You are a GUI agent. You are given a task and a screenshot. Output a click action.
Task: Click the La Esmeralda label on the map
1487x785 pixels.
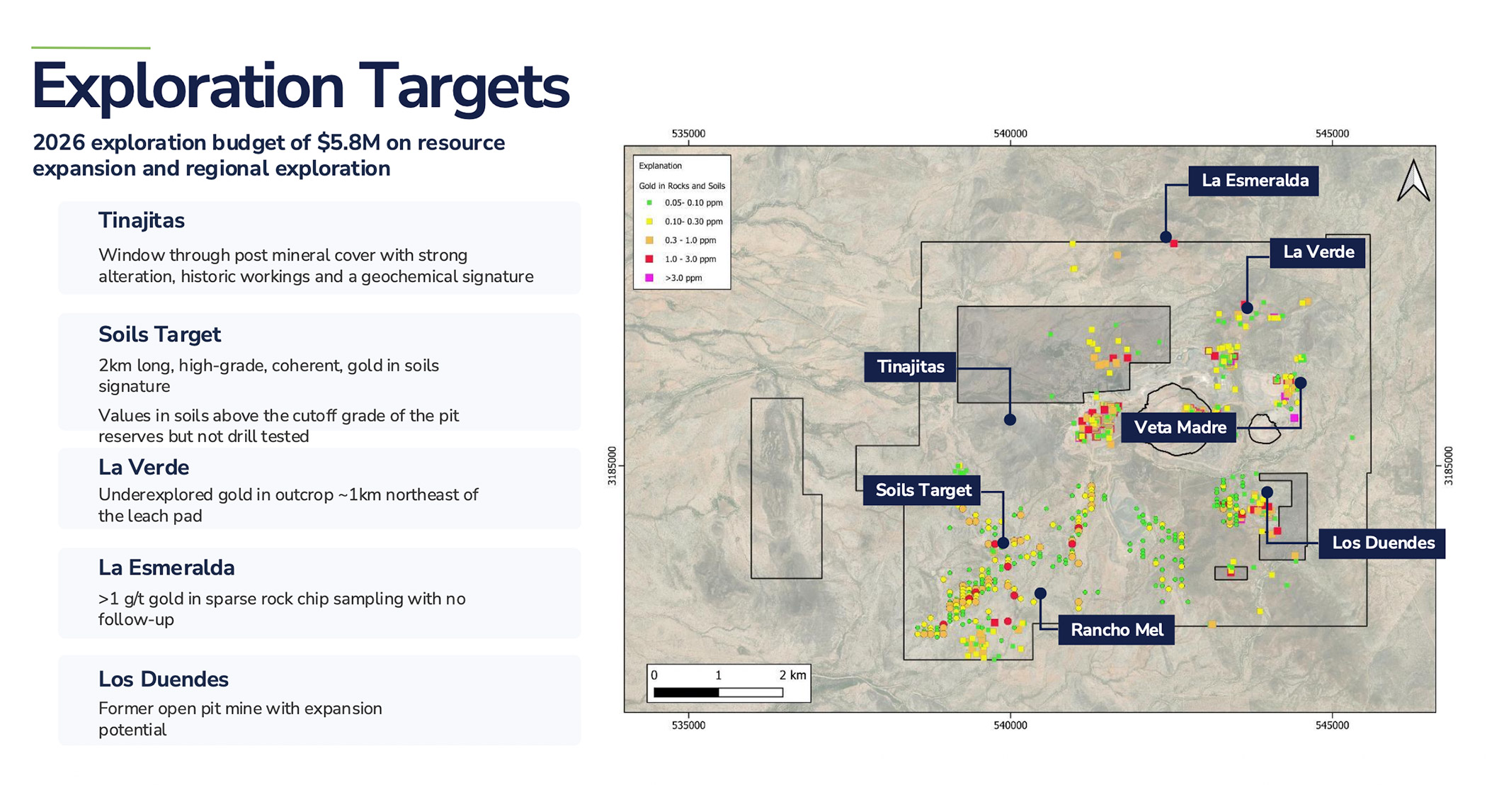(1253, 181)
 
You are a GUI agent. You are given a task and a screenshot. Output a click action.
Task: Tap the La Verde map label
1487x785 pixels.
(1318, 252)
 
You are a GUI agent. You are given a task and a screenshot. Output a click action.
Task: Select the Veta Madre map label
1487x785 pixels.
(1179, 427)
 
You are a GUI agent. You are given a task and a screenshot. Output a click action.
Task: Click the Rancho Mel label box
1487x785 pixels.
(1116, 630)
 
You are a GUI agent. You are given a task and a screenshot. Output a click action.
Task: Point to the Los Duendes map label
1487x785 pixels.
(1382, 543)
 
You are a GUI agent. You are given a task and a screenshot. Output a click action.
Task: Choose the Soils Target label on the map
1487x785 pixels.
(922, 490)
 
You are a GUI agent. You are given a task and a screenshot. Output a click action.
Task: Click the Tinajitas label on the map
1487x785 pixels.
(910, 367)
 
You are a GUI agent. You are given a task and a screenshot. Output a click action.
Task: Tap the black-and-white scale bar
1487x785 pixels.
(718, 692)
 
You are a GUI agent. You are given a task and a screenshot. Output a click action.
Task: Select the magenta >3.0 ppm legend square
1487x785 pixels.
(649, 278)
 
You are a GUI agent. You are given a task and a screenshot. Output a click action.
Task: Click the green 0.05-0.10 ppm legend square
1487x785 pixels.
(649, 203)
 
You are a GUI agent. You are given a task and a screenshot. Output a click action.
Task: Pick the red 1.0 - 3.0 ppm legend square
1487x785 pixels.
(649, 259)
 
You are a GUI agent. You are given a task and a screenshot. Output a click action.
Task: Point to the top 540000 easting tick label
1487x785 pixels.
(1010, 133)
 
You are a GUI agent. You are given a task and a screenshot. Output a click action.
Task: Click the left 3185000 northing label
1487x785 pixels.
(613, 465)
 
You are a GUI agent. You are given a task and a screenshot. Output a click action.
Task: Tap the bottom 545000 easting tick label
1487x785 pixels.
(1332, 725)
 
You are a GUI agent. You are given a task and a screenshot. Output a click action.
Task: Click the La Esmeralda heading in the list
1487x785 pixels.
(166, 567)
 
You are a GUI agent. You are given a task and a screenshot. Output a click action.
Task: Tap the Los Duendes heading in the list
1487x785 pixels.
(164, 679)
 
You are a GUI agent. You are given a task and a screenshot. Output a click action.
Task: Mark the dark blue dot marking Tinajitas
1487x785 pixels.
(1010, 420)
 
